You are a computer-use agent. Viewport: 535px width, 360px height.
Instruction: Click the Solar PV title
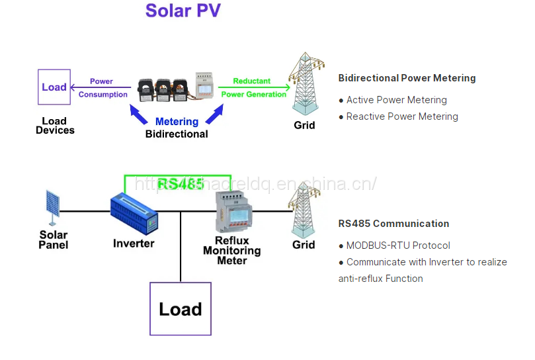coord(183,11)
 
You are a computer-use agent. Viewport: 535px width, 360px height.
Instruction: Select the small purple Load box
coord(54,87)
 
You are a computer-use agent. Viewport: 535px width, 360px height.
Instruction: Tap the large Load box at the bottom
coord(180,309)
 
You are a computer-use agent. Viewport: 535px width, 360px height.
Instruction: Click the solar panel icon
coord(53,206)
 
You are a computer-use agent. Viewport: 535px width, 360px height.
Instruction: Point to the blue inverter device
coord(135,213)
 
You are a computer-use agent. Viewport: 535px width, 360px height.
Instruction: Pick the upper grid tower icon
coord(304,85)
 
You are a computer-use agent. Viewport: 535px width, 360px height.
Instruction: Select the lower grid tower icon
coord(303,210)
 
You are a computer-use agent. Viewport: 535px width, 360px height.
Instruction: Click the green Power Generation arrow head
coord(287,87)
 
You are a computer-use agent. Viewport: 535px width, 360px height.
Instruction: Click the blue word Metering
coord(177,122)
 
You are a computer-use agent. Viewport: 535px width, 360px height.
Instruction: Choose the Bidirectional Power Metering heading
coord(407,78)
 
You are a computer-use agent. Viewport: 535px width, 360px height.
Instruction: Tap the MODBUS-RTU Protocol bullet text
coord(398,246)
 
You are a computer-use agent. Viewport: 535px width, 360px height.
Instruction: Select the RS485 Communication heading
coord(393,224)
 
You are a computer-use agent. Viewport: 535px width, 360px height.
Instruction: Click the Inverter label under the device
coord(134,244)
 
